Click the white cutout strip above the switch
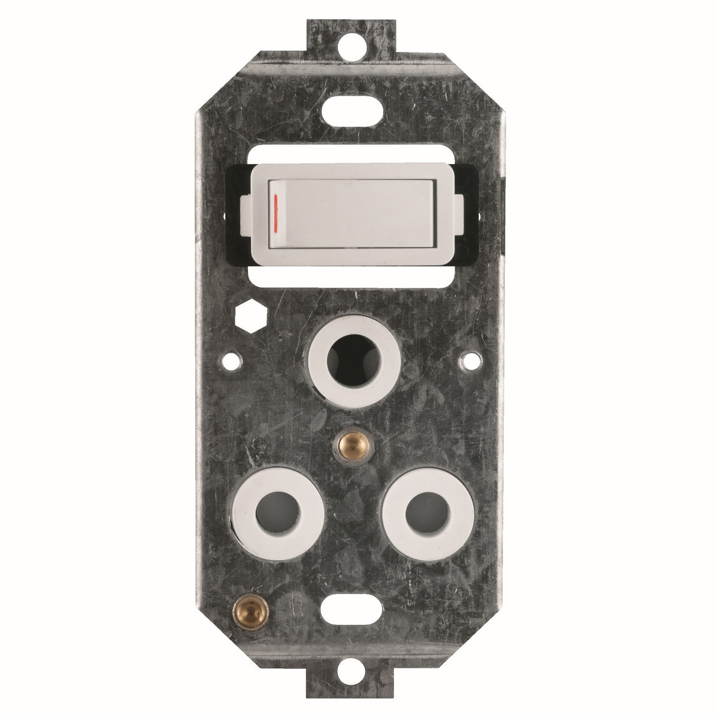click(x=352, y=155)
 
